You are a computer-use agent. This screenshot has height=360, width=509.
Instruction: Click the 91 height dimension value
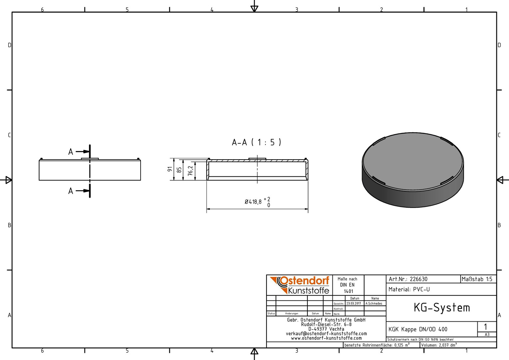pos(170,169)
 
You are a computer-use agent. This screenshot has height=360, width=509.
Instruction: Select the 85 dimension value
pos(179,170)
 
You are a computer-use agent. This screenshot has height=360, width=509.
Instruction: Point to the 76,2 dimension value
pos(191,171)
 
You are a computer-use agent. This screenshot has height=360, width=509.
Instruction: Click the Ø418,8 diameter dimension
pos(257,202)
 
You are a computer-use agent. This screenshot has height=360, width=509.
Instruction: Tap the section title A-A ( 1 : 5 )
pos(256,142)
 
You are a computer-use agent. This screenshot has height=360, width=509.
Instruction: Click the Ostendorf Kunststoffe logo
pos(300,285)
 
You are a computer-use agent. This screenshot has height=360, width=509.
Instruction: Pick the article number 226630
pos(419,279)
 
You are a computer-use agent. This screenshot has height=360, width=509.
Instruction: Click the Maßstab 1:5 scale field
pos(477,279)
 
